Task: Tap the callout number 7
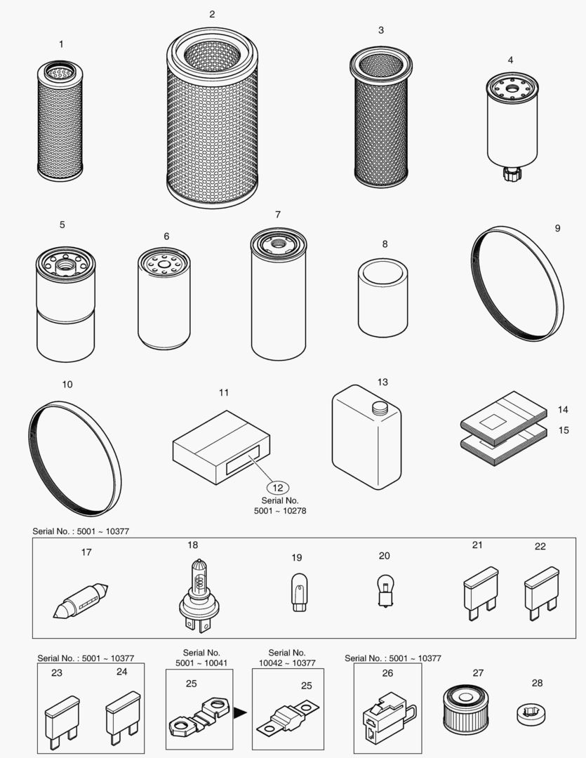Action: point(278,214)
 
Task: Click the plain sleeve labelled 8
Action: point(382,298)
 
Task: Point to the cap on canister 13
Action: point(380,407)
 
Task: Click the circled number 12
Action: point(279,486)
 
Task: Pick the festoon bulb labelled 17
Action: point(81,601)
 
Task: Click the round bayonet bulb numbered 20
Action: point(383,588)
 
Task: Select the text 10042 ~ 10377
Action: point(288,663)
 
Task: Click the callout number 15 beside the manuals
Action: point(563,430)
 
